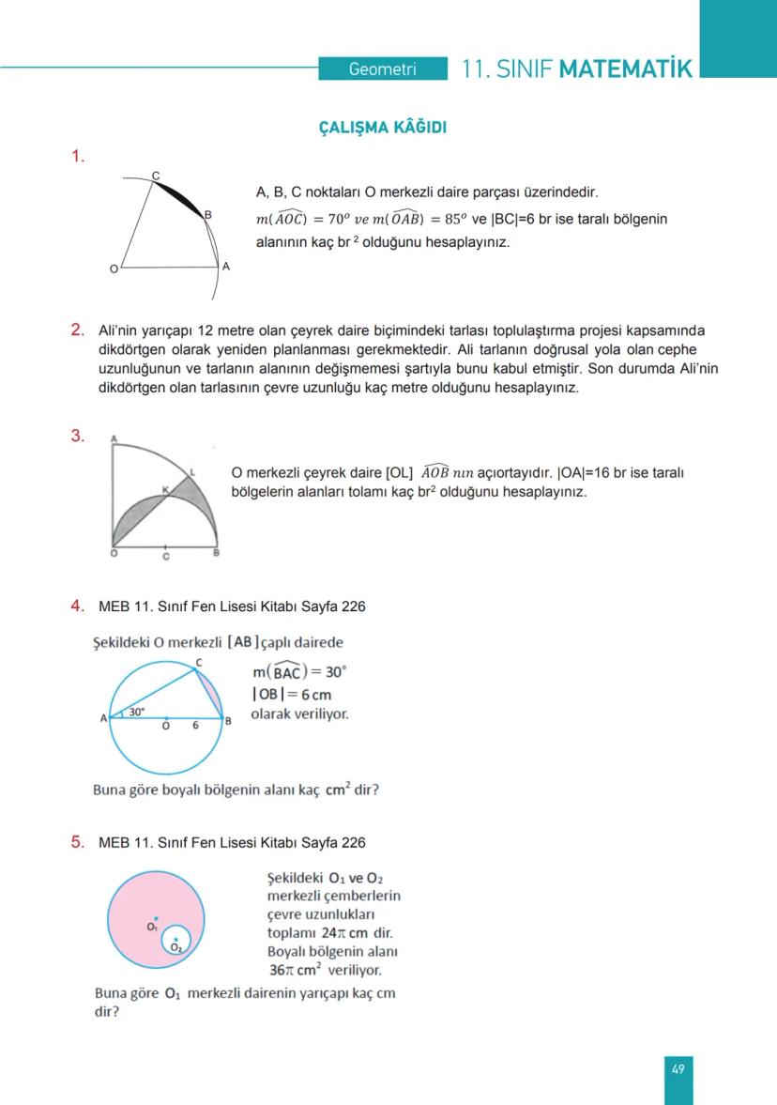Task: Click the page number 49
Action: (x=678, y=1068)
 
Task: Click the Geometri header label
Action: (x=382, y=69)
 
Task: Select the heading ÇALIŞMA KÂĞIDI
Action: (x=383, y=129)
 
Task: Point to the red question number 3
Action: (x=78, y=436)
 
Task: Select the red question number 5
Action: (x=78, y=842)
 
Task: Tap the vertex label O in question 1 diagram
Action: (x=114, y=269)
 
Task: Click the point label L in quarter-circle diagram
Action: (x=192, y=471)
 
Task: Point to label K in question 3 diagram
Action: (x=164, y=489)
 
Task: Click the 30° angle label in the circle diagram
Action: (x=137, y=713)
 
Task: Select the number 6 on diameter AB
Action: (x=195, y=726)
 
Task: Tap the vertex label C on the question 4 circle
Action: (x=198, y=663)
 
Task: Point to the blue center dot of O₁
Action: (x=156, y=918)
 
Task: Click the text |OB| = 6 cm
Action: (x=291, y=694)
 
